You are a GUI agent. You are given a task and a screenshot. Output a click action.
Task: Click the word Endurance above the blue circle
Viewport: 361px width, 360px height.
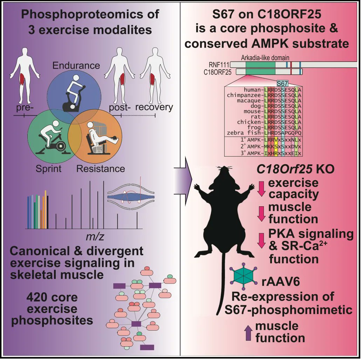coord(76,65)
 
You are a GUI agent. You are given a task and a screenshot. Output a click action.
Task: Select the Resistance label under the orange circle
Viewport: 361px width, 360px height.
coord(101,168)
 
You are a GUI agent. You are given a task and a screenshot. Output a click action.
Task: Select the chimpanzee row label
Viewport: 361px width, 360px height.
coord(244,95)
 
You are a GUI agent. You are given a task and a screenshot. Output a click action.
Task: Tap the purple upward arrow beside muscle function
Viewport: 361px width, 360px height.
coord(248,332)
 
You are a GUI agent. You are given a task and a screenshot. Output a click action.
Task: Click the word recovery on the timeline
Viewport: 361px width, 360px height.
coord(154,107)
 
